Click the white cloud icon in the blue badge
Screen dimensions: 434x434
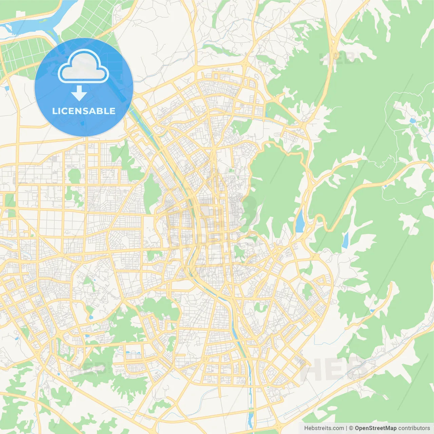pyautogui.click(x=83, y=67)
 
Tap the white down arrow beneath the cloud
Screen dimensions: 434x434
pyautogui.click(x=79, y=94)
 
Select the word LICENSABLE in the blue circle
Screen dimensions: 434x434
pyautogui.click(x=84, y=111)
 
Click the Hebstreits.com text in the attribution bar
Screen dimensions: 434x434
pyautogui.click(x=324, y=428)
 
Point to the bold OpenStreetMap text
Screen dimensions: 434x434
pyautogui.click(x=375, y=428)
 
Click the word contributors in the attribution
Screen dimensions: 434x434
pyautogui.click(x=414, y=428)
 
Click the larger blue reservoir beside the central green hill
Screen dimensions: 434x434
pyautogui.click(x=300, y=221)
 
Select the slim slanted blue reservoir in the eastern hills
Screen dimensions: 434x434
pyautogui.click(x=345, y=240)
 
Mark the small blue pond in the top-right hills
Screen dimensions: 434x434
pyautogui.click(x=412, y=120)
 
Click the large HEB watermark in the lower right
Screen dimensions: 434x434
pyautogui.click(x=334, y=370)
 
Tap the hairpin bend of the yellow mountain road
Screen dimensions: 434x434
pyautogui.click(x=320, y=220)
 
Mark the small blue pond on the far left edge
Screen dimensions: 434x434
pyautogui.click(x=7, y=88)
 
